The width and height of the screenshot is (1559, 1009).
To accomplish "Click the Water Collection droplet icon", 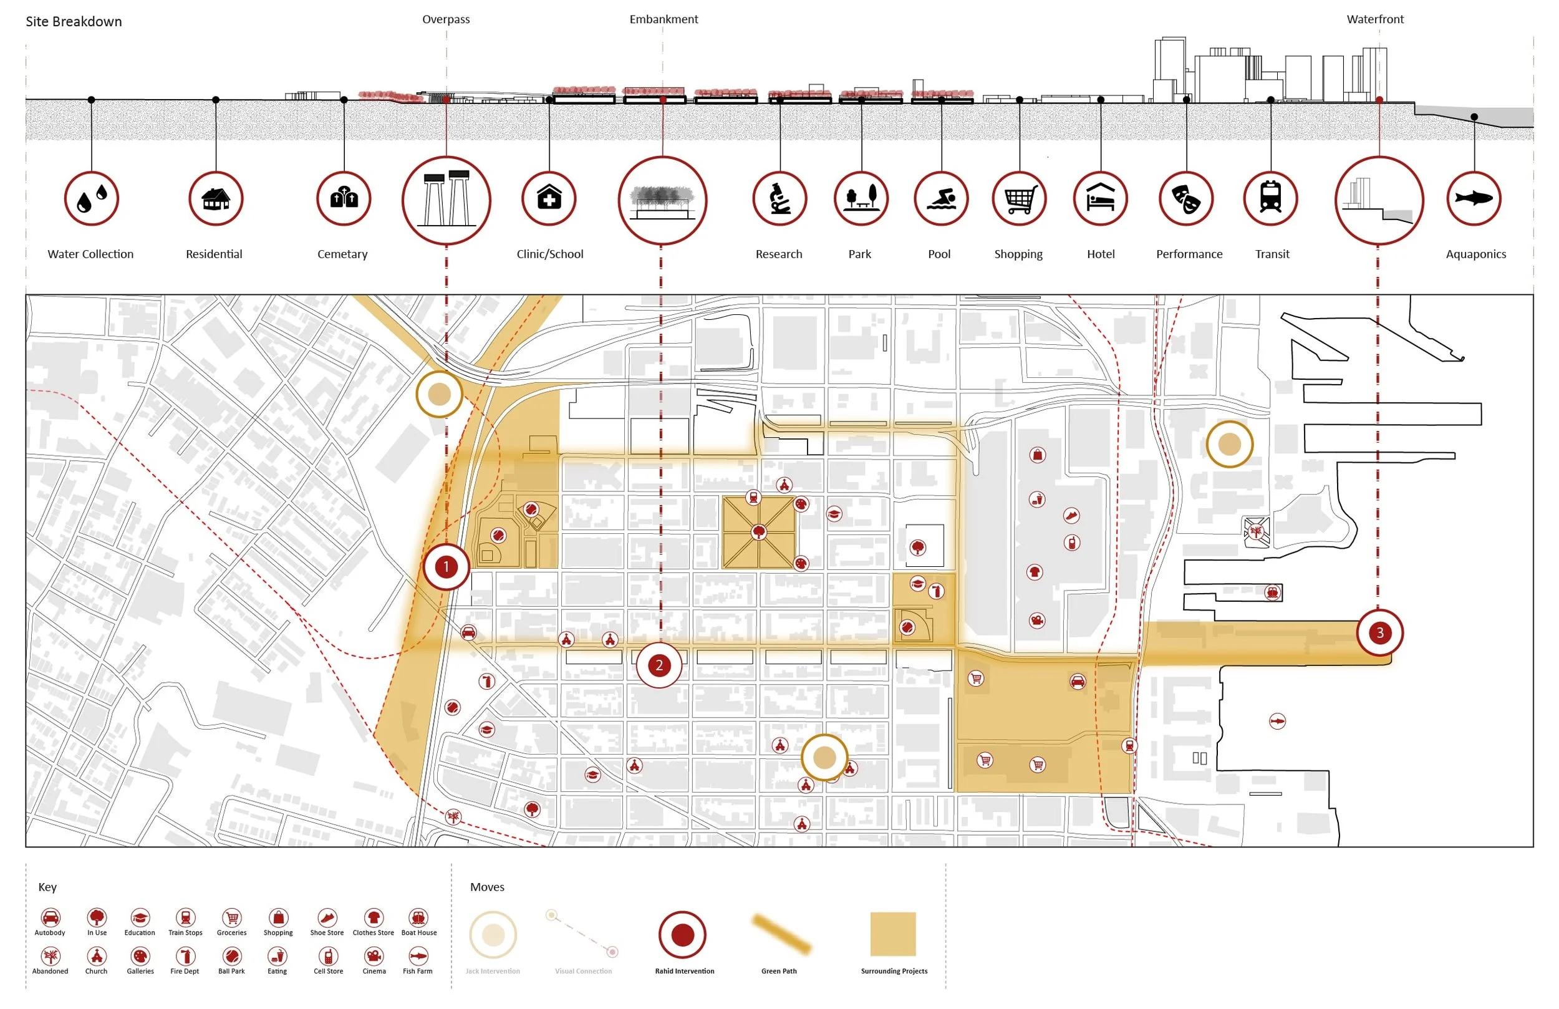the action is (x=92, y=198).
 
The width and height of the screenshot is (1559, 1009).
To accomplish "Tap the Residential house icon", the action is (x=216, y=198).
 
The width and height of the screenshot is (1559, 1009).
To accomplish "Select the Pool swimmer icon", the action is (x=940, y=198).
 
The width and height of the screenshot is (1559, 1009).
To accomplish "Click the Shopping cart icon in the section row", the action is (x=1019, y=198).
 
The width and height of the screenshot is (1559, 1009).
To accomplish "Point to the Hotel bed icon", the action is (x=1101, y=198).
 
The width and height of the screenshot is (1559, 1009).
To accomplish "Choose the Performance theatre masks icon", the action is (x=1186, y=198).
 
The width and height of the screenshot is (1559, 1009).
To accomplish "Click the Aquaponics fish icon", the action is (x=1474, y=198).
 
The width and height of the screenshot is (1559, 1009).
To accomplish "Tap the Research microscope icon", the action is (x=779, y=198).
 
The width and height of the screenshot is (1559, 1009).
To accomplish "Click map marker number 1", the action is (x=446, y=567).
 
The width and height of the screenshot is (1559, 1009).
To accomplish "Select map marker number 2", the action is (x=659, y=665).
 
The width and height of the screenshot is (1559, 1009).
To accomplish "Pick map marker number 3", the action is (x=1379, y=633).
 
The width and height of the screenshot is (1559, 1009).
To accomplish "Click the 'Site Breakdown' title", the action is (x=74, y=22).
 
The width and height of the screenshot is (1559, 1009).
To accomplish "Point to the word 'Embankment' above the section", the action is (x=664, y=19).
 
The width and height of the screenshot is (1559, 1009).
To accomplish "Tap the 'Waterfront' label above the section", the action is (x=1375, y=19).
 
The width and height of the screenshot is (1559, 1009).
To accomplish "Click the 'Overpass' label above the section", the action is (x=445, y=19).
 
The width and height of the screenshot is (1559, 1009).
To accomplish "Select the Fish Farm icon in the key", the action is (x=418, y=956).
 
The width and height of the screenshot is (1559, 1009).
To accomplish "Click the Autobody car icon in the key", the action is (x=51, y=917).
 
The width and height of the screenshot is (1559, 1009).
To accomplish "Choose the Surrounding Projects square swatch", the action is (x=893, y=934).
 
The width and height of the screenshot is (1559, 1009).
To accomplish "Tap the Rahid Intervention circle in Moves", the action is (x=682, y=934).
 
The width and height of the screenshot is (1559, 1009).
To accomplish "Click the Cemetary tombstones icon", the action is (x=344, y=198).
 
